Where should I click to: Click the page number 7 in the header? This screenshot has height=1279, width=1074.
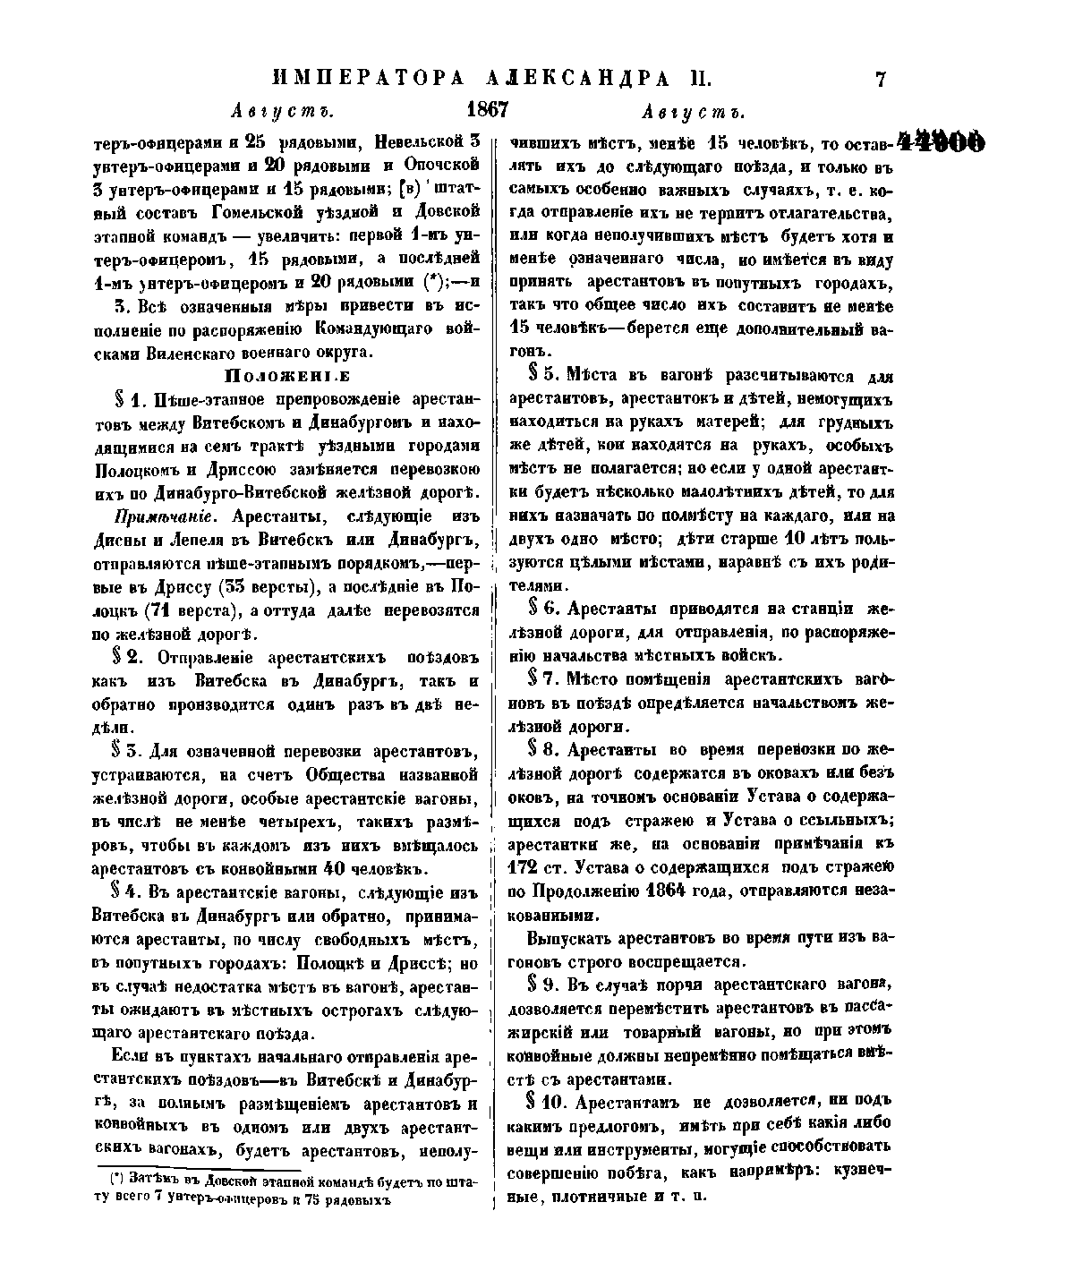point(880,80)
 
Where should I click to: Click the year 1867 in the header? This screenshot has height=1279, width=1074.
point(487,110)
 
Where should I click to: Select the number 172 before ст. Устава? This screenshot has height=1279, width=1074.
point(526,868)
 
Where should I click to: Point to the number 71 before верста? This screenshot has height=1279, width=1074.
point(158,610)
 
